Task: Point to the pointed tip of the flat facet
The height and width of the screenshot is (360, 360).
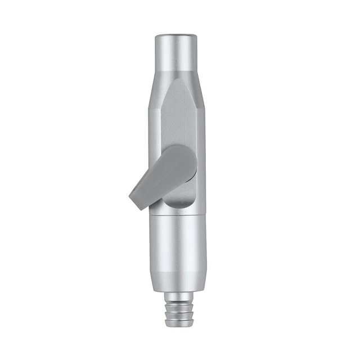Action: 175,80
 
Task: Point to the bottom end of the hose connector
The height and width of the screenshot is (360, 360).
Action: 175,328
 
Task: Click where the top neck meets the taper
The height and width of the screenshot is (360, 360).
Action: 175,64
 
